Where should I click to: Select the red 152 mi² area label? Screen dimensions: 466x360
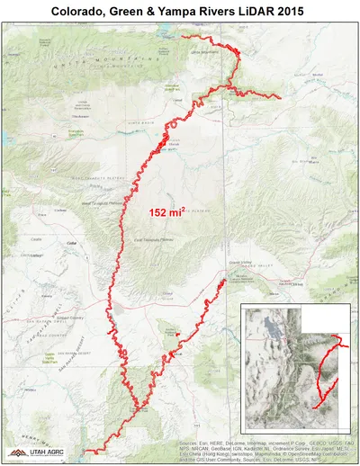coord(166,213)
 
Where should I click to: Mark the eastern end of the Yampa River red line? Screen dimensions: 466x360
coord(282,98)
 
